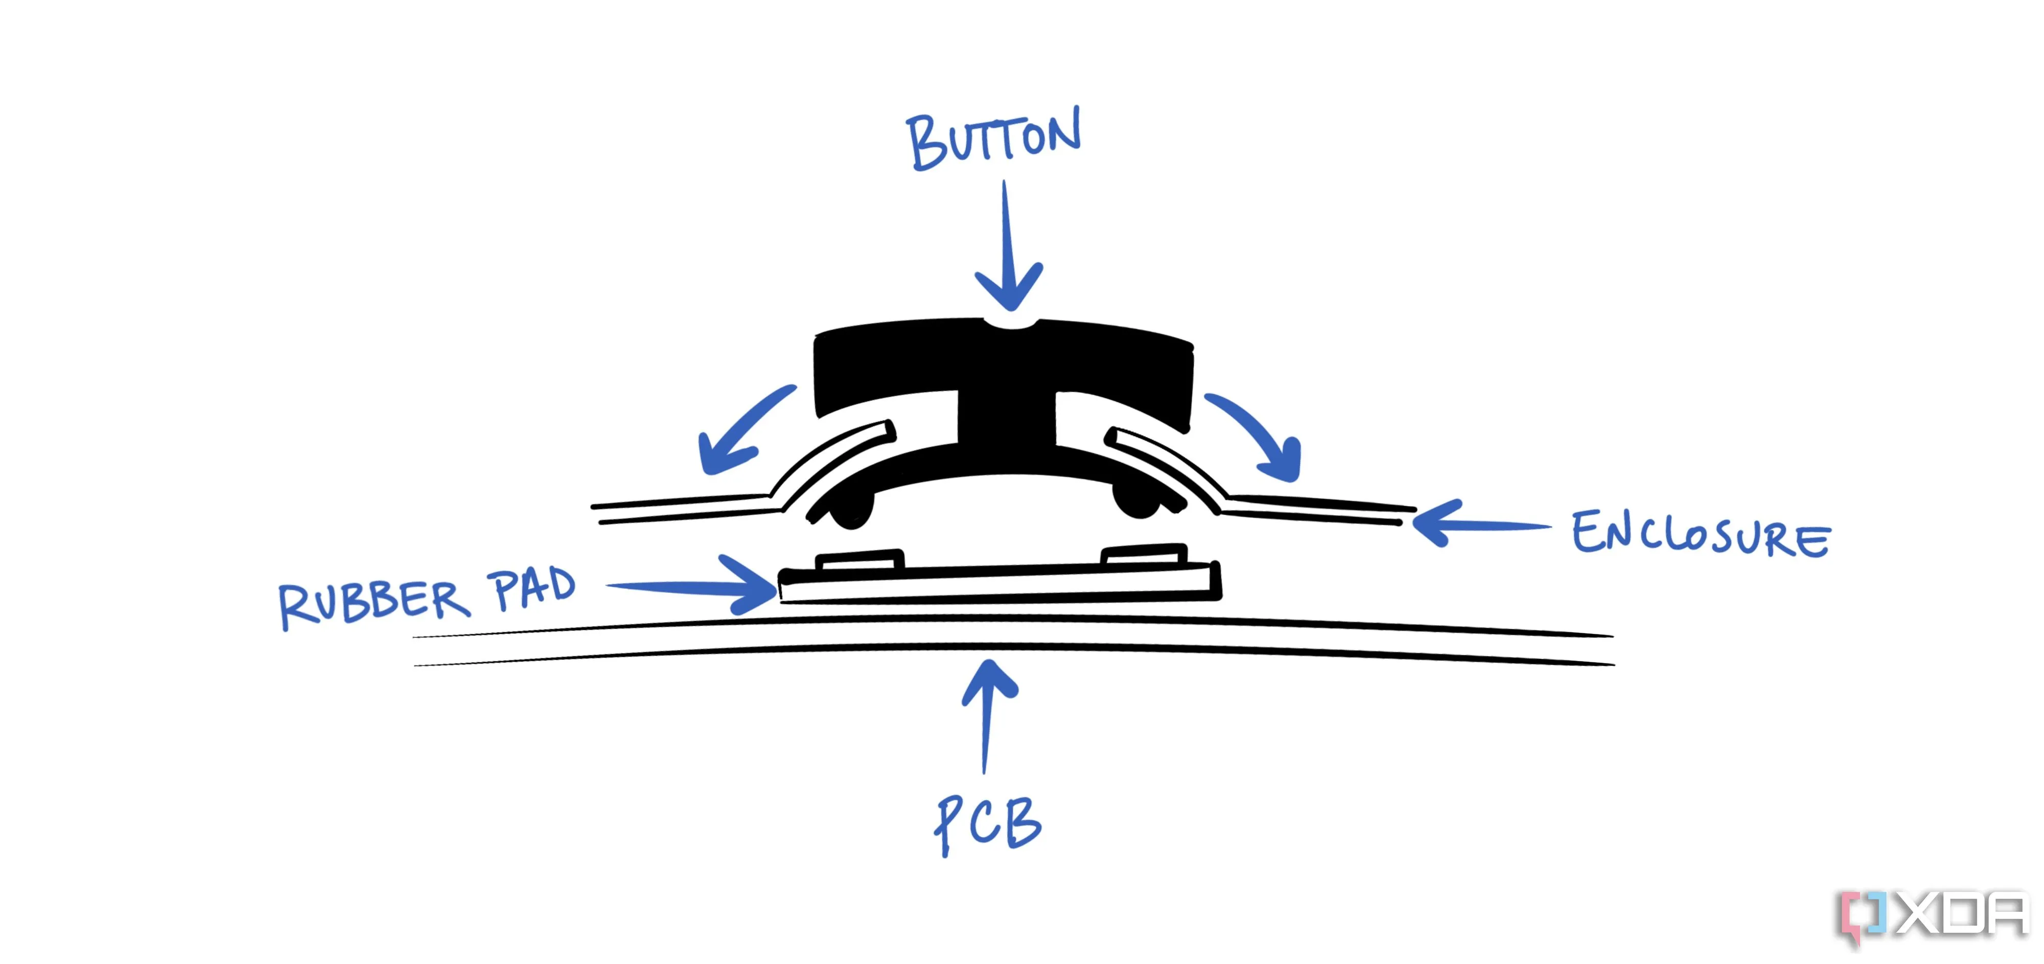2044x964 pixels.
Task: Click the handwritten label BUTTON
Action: click(993, 141)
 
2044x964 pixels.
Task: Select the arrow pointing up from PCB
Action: click(988, 714)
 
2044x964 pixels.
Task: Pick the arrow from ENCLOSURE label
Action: click(1476, 523)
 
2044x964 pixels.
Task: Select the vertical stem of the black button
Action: click(1008, 421)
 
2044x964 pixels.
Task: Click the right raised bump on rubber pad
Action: click(1144, 554)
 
